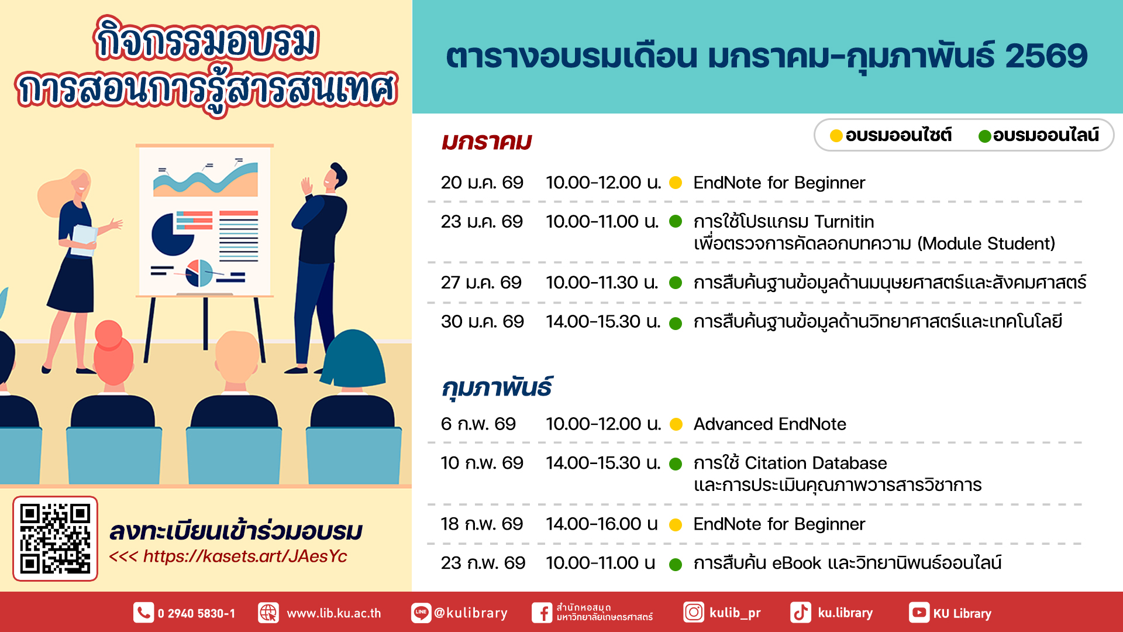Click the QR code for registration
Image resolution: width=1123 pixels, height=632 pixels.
coord(55,538)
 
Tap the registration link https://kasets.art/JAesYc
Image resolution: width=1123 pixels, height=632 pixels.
coord(245,556)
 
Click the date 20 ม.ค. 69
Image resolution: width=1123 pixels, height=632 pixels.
coord(482,183)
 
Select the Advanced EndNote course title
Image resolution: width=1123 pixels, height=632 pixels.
coord(770,424)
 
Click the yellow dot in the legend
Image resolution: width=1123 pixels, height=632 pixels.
coord(836,136)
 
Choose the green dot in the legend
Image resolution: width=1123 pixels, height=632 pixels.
coord(985,136)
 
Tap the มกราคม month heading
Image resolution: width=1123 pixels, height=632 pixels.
coord(487,142)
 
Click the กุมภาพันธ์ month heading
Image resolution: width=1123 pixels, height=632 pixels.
coord(497,387)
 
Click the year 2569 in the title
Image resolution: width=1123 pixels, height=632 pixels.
coord(1046,56)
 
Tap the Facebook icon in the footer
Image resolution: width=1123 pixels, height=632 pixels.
coord(542,613)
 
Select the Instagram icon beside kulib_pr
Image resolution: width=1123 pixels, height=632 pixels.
coord(694,613)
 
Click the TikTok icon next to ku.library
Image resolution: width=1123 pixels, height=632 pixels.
coord(801,613)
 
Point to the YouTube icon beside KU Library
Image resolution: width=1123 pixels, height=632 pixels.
coord(919,613)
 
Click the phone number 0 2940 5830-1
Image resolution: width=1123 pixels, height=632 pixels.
coord(197,613)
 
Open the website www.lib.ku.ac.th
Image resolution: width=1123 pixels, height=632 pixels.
coord(334,613)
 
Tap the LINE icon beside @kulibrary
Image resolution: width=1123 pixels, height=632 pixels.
coord(421,613)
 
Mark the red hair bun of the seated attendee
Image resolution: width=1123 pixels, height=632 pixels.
coord(108,334)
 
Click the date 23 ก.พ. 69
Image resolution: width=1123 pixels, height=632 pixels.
coord(483,563)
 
